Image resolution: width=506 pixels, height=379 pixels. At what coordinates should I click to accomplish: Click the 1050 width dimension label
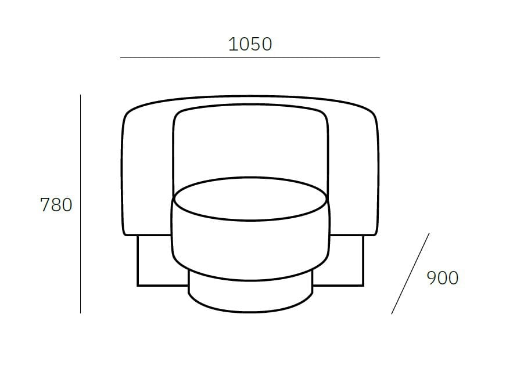point(250,44)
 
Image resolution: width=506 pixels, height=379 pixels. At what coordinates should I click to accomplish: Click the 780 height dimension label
point(56,205)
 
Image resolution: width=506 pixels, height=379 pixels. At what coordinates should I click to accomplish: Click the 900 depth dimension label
point(442,278)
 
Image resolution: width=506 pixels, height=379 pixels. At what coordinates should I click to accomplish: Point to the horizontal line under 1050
point(250,58)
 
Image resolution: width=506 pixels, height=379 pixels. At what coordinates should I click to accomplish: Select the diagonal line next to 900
point(410,273)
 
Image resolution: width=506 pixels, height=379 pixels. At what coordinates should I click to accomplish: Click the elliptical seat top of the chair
point(250,199)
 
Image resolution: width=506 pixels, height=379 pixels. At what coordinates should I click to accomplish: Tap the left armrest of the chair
point(148,174)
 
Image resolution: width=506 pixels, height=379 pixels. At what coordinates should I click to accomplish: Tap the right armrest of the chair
point(353,174)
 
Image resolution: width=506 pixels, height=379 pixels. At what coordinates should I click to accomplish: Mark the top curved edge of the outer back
point(250,96)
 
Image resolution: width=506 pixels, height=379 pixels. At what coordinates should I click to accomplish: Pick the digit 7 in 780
point(45,205)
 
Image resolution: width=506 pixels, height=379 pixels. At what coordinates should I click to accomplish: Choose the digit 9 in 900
point(432,278)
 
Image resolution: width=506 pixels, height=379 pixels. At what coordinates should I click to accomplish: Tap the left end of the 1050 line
point(121,58)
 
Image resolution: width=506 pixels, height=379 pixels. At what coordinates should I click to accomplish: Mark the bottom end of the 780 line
point(80,312)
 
